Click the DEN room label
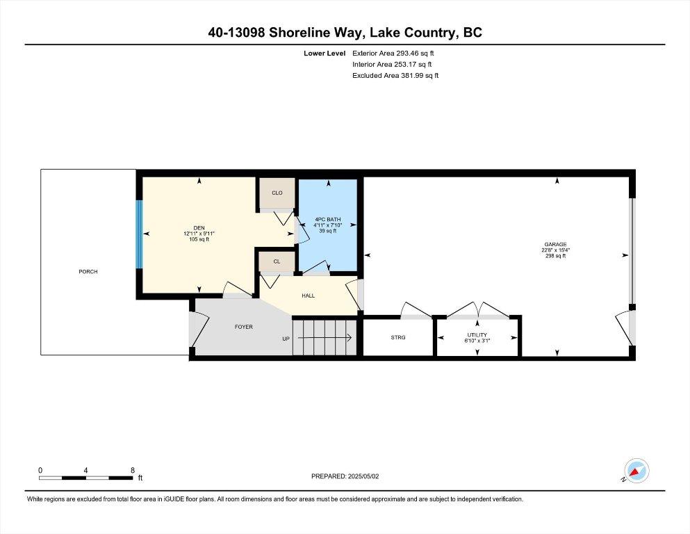pos(199,227)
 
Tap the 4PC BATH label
pos(328,219)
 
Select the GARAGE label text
pos(555,244)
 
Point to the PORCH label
pos(88,272)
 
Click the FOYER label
pos(244,327)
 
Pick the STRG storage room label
pos(398,337)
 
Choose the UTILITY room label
pos(477,335)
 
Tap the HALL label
pos(308,296)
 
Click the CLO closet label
pos(277,193)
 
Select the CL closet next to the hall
pos(277,261)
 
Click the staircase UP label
pos(286,339)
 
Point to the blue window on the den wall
pos(139,234)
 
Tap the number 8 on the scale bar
pos(133,470)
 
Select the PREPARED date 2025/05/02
pos(363,476)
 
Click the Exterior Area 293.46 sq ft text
pos(393,54)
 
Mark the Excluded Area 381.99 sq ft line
pos(395,75)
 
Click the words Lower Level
pos(325,54)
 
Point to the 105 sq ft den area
pos(199,239)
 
